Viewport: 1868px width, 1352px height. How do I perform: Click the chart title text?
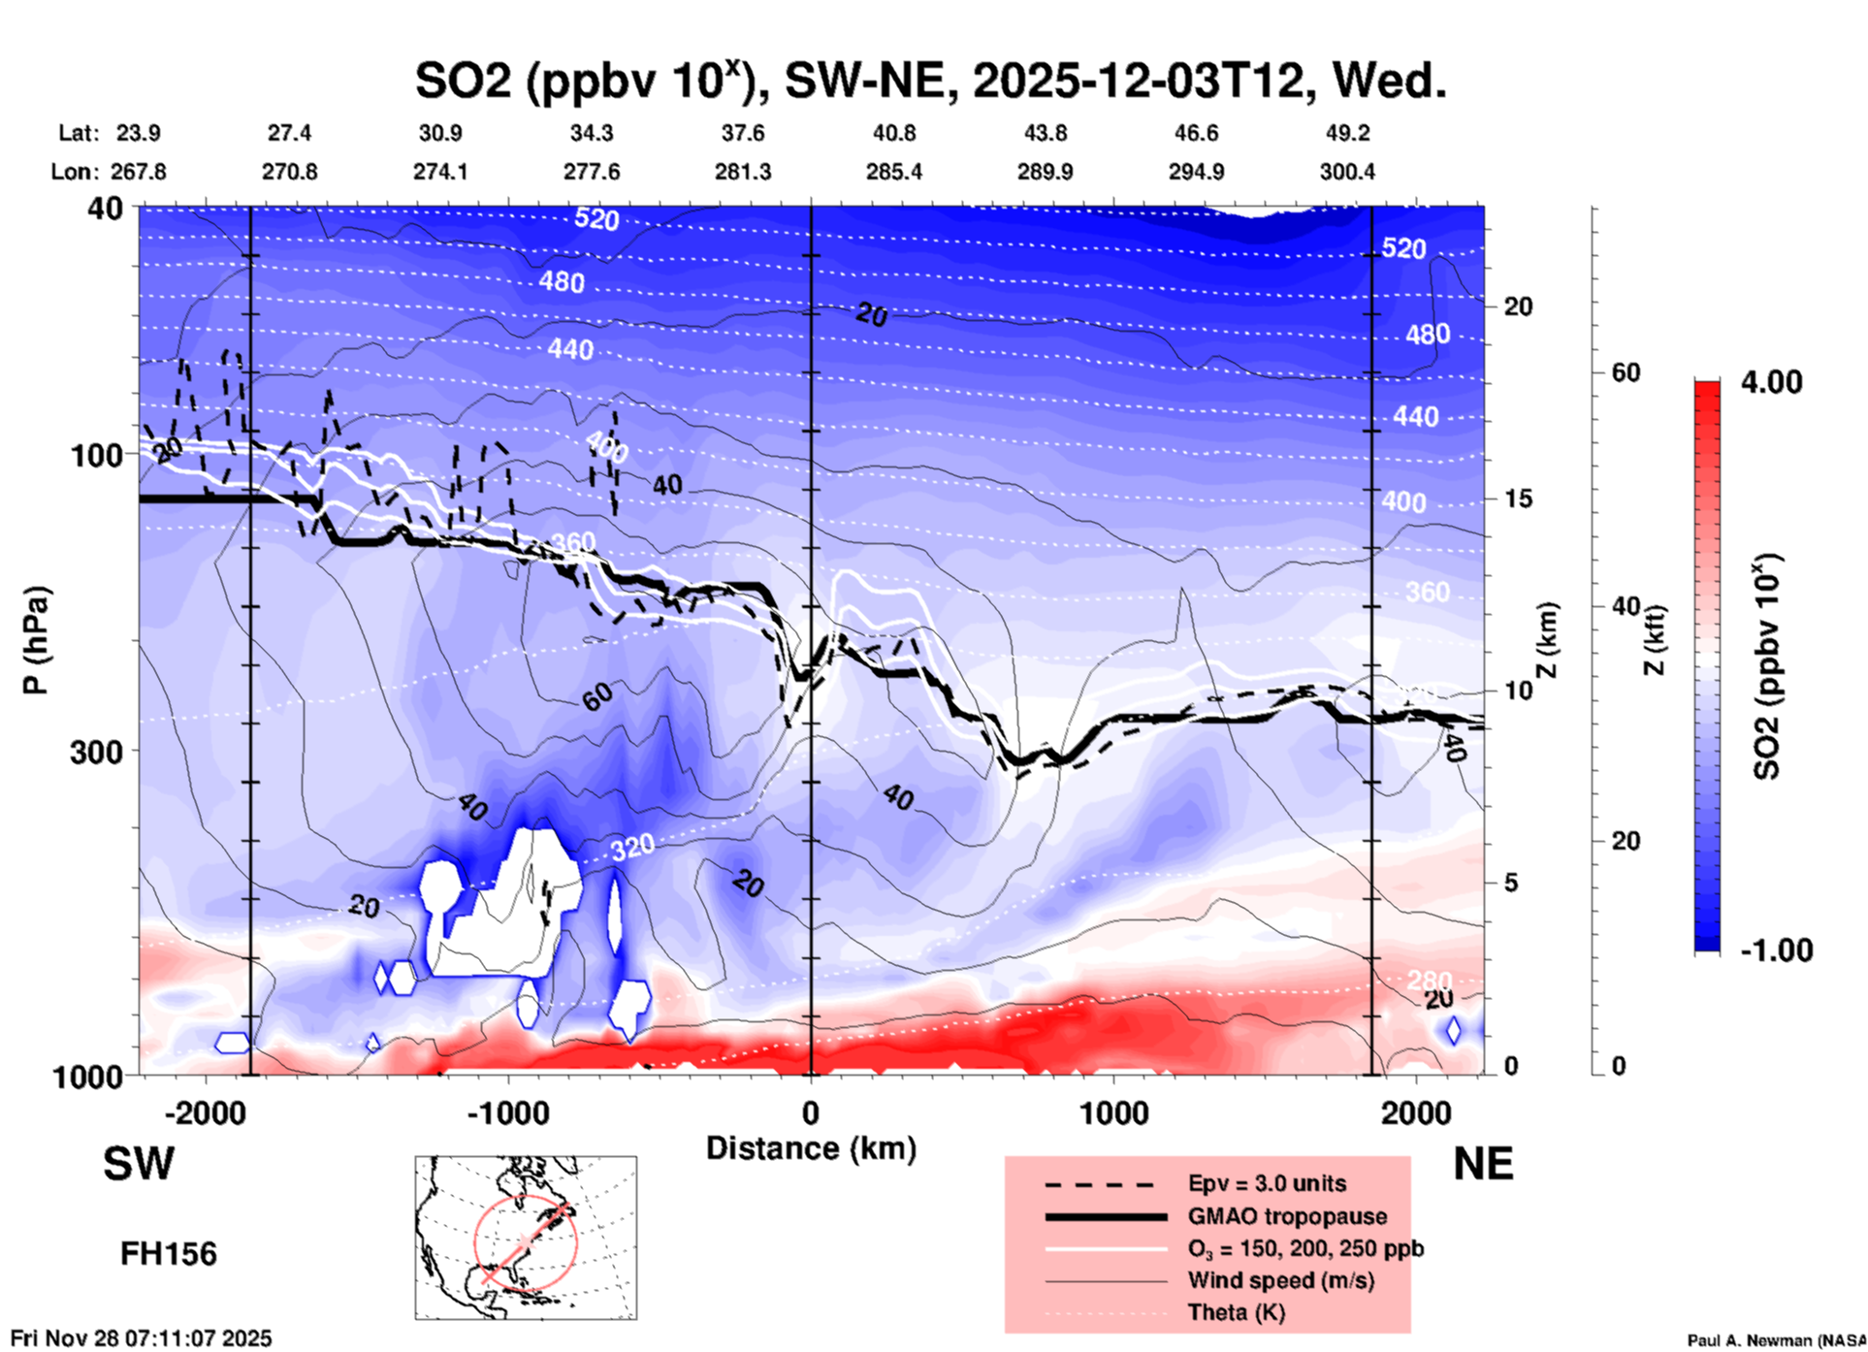tap(930, 80)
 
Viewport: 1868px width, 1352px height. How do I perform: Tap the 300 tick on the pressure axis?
tap(96, 752)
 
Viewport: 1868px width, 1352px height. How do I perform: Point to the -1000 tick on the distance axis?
tap(507, 1113)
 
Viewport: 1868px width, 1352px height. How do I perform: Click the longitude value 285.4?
tap(893, 172)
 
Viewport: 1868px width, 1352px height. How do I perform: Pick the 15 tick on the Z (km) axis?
tap(1517, 499)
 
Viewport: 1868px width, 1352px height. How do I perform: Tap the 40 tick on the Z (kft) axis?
tap(1625, 607)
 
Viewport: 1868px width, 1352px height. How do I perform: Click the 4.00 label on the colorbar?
tap(1771, 382)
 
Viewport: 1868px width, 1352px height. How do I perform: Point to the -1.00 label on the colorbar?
tap(1776, 950)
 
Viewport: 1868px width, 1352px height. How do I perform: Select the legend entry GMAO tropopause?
tap(1287, 1216)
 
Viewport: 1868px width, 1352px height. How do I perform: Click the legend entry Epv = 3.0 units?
tap(1267, 1183)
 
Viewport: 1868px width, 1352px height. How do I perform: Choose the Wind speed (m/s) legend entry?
tap(1280, 1280)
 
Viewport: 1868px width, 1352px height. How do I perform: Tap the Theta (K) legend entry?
tap(1236, 1312)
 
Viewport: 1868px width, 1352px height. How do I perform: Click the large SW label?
tap(139, 1164)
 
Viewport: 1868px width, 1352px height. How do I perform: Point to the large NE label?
tap(1483, 1164)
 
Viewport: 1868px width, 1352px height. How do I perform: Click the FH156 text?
tap(168, 1254)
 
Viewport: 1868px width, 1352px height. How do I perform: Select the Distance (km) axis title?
tap(811, 1148)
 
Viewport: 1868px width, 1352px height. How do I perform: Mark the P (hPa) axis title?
tap(35, 640)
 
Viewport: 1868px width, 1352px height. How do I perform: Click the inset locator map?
tap(526, 1238)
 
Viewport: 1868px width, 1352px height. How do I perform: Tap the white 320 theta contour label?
tap(632, 848)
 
